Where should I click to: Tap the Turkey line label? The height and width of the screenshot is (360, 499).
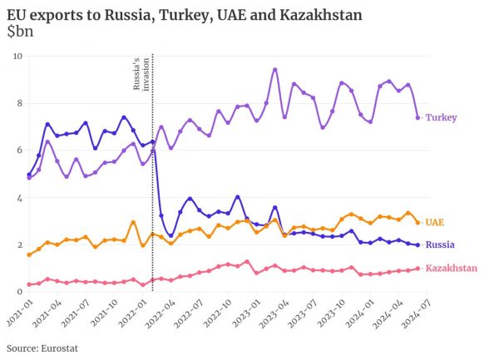[441, 118]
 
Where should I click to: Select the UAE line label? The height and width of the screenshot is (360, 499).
[434, 222]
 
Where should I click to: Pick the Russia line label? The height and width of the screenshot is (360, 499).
[439, 245]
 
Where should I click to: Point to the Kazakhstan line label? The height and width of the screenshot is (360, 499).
[451, 269]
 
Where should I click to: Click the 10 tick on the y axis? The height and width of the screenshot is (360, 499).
[17, 56]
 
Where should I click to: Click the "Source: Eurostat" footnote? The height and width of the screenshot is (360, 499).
[44, 348]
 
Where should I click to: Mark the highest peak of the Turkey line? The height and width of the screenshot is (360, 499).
[275, 69]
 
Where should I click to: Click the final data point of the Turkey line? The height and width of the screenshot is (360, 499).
[417, 117]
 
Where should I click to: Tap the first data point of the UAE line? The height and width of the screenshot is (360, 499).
[29, 254]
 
